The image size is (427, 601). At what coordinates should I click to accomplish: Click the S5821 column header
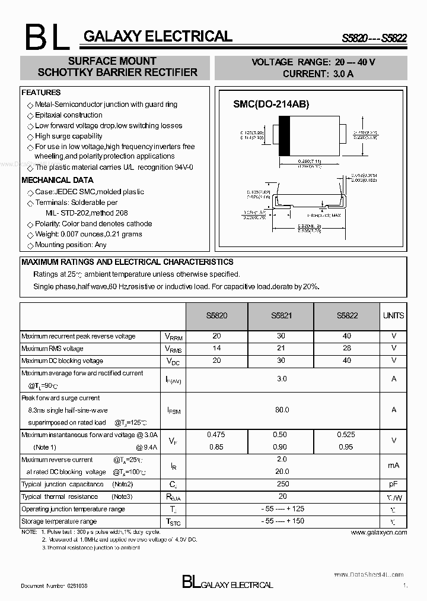281,316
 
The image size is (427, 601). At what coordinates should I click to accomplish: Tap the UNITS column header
393,316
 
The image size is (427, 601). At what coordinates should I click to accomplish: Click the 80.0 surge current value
282,410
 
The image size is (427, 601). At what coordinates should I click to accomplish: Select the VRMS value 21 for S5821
281,349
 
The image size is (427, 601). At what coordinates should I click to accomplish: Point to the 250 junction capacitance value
282,485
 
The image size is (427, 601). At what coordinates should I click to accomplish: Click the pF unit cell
393,485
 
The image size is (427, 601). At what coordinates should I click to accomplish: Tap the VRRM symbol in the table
174,337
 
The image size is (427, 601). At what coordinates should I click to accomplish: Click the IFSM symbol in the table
174,410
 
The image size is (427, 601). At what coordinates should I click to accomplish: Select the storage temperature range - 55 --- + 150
282,521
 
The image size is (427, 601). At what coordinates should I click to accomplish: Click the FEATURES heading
41,93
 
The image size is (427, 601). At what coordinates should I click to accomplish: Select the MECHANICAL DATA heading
58,180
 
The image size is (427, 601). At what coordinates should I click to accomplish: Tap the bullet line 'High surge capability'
68,136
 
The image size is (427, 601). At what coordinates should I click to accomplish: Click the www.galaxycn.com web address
378,532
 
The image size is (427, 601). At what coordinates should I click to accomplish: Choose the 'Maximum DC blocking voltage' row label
62,360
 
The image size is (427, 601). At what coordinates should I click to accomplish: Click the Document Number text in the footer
55,586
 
